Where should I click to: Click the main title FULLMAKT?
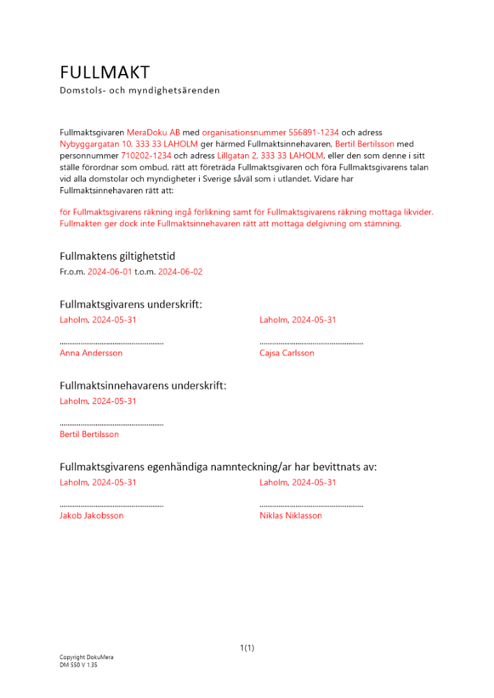[105, 72]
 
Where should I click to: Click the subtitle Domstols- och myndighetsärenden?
[140, 90]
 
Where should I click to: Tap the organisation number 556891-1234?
[314, 132]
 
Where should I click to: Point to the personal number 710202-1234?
[146, 156]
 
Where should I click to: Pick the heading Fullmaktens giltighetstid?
[122, 256]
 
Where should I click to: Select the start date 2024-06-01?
[109, 272]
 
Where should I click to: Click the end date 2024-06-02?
[180, 272]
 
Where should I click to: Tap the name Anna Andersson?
[91, 353]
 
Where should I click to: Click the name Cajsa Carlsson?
[286, 353]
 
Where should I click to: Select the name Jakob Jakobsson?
[92, 516]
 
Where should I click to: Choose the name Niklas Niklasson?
[291, 516]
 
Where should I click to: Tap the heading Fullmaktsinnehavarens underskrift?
[143, 385]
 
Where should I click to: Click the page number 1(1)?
[247, 648]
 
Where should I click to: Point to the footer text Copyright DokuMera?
[86, 658]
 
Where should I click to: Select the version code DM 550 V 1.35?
[78, 665]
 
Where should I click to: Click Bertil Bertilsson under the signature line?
[89, 434]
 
